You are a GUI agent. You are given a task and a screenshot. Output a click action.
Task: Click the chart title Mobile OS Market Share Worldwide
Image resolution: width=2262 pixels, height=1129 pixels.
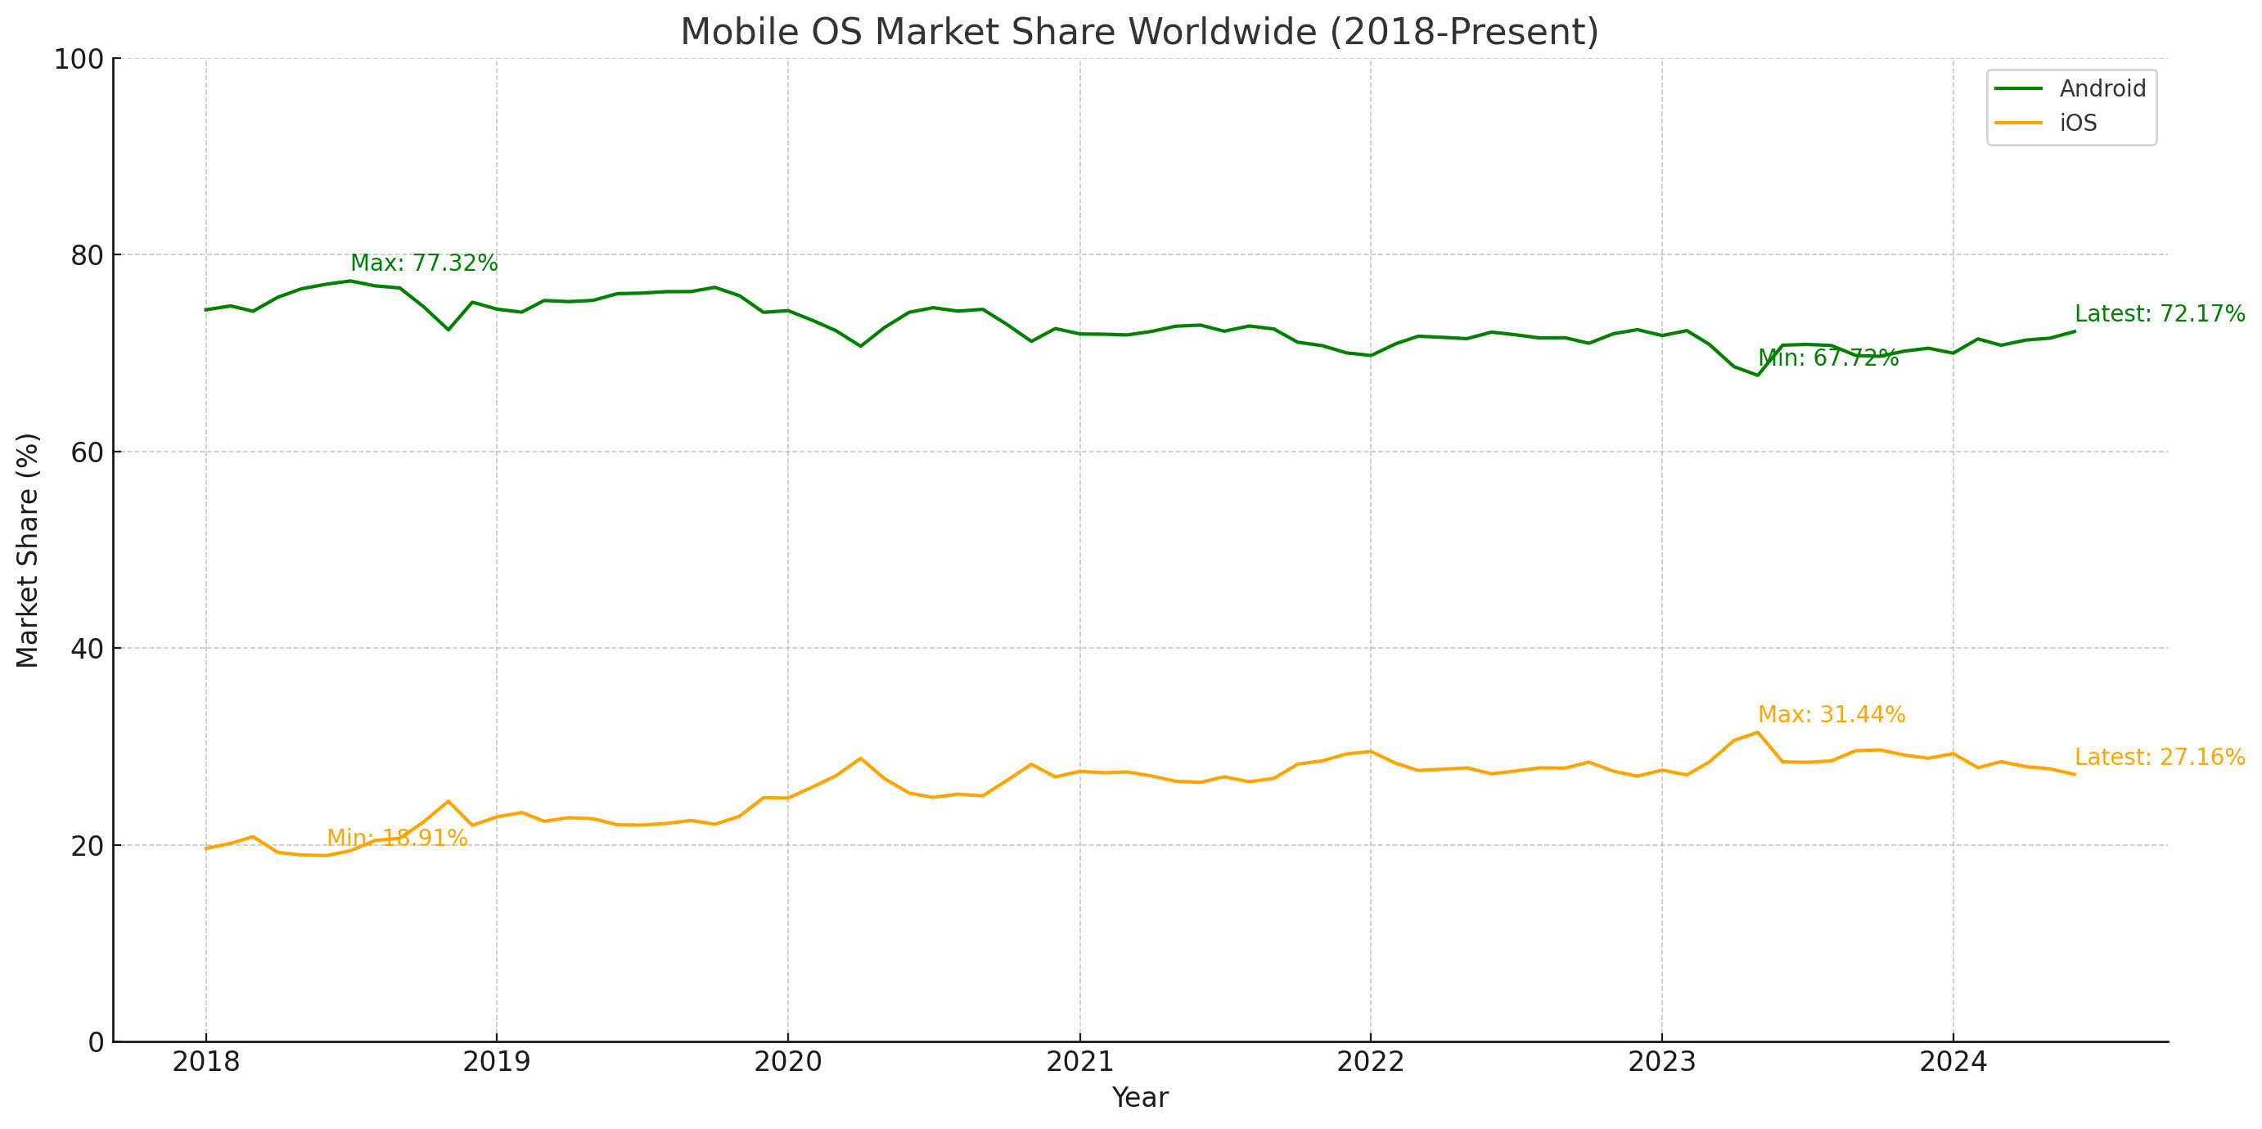click(1139, 33)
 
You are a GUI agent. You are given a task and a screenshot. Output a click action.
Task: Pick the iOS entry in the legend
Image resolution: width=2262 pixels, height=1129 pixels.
click(2078, 123)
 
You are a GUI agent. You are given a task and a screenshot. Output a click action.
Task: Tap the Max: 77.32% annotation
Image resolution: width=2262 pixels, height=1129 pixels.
click(424, 263)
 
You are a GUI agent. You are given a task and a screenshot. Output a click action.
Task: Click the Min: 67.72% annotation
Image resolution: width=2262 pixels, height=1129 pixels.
click(1828, 358)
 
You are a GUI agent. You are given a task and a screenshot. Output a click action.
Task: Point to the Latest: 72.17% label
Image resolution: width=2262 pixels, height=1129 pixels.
click(2159, 314)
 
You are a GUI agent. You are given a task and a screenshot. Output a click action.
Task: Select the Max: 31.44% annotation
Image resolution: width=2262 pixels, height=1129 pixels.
click(1832, 716)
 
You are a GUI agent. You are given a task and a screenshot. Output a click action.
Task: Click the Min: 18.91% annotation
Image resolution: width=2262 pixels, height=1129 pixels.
click(397, 839)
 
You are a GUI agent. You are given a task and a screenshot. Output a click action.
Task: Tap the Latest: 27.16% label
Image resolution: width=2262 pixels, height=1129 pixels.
click(2159, 758)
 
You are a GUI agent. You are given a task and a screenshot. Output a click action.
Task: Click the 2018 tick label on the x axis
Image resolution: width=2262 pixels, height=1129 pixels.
click(205, 1062)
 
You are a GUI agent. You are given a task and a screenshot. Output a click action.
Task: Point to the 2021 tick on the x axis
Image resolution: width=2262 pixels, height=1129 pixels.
click(1079, 1062)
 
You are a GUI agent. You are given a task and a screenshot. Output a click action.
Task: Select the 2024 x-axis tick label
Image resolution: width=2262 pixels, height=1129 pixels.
click(1953, 1062)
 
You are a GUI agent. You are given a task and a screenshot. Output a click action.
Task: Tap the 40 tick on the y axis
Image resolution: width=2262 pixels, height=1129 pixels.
click(87, 650)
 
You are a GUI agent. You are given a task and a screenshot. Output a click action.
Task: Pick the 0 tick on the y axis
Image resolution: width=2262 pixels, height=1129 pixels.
click(96, 1043)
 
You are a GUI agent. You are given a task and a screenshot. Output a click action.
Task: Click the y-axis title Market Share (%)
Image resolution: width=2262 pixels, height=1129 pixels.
click(28, 551)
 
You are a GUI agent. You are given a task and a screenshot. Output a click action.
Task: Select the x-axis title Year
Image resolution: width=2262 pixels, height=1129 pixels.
click(1140, 1098)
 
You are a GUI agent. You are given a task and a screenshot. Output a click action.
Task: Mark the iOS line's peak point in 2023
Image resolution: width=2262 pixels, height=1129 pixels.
click(1758, 732)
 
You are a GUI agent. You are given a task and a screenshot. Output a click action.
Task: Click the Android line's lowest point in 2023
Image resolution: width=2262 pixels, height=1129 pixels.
click(1758, 376)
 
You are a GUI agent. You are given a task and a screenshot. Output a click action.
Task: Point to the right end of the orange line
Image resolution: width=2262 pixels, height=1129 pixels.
click(2075, 774)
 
